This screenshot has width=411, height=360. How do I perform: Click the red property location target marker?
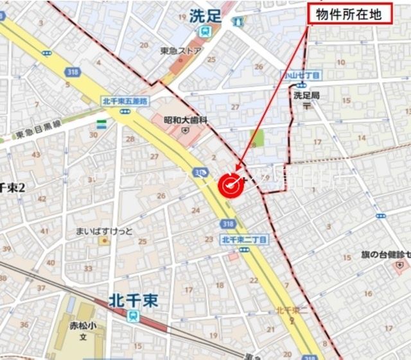pos(231,185)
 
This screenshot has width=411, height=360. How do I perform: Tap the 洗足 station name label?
pos(205,17)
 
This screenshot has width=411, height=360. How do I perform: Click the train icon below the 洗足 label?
pos(205,31)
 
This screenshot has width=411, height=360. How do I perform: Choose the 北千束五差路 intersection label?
pos(125,101)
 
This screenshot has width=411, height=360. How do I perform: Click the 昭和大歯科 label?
pos(186,119)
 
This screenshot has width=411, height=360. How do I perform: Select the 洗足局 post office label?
pos(306,95)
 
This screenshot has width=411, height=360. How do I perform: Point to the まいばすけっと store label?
pos(104,231)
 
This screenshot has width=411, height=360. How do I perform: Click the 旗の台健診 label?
pos(385,255)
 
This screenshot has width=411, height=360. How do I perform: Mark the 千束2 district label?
pos(12,187)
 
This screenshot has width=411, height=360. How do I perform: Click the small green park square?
pos(257,137)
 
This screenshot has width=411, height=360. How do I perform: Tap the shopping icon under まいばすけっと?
pos(104,241)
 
